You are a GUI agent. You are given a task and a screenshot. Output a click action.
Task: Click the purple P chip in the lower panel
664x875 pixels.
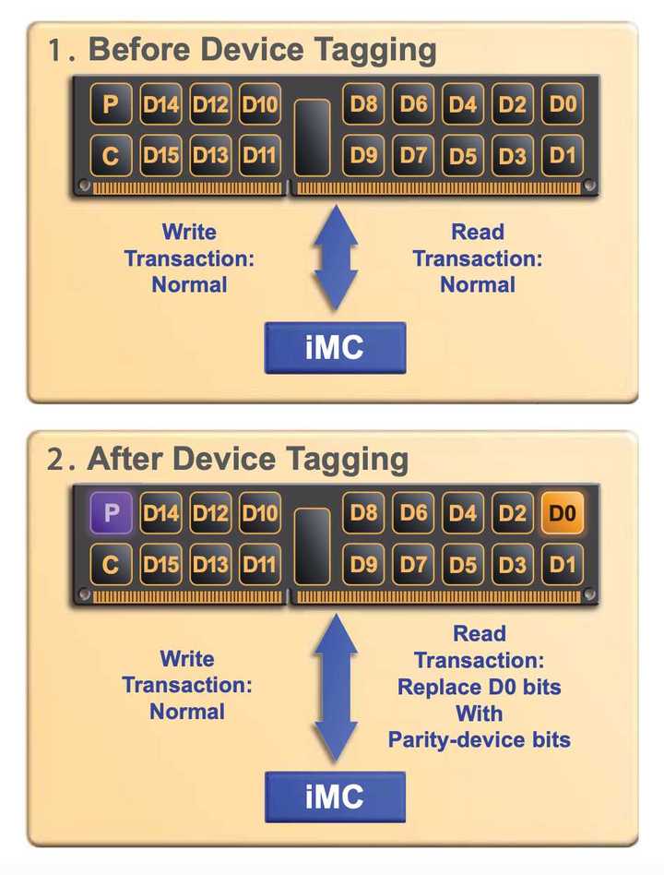click(112, 512)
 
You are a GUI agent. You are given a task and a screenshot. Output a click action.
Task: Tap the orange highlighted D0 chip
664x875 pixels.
click(563, 512)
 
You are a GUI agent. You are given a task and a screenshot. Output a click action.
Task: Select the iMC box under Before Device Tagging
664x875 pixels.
click(335, 348)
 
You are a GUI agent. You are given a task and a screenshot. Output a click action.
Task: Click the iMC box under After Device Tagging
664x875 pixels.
click(335, 797)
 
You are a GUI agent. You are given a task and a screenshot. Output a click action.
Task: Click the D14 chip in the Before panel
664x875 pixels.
click(161, 104)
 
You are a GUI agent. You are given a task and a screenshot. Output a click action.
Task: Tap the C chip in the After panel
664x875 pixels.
click(112, 564)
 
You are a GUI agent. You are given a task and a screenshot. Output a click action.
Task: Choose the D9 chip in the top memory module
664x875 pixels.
click(364, 156)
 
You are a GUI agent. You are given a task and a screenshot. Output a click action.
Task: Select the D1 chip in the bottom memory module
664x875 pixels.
click(563, 564)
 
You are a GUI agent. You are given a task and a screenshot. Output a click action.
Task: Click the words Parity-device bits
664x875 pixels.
click(479, 739)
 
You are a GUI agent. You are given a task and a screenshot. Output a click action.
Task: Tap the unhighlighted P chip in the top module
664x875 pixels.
click(112, 104)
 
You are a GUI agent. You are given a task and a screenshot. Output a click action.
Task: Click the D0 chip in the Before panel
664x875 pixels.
click(563, 104)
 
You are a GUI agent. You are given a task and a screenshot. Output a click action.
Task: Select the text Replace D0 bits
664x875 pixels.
click(479, 687)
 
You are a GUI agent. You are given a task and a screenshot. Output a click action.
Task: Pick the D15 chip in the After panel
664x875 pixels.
click(161, 564)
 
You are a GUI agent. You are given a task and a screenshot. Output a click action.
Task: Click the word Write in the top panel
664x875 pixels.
click(188, 232)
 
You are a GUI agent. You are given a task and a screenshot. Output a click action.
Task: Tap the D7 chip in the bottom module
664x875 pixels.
click(414, 564)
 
